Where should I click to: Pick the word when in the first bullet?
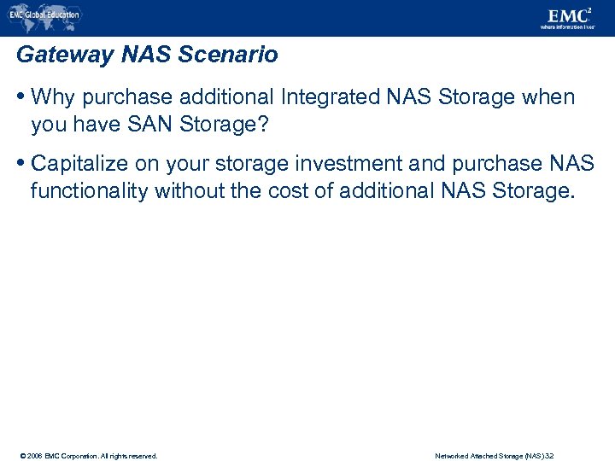(548, 97)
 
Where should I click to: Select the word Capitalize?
(79, 164)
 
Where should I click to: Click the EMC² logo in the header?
(565, 15)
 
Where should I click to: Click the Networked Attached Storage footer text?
(494, 456)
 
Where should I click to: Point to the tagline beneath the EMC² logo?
(567, 27)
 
